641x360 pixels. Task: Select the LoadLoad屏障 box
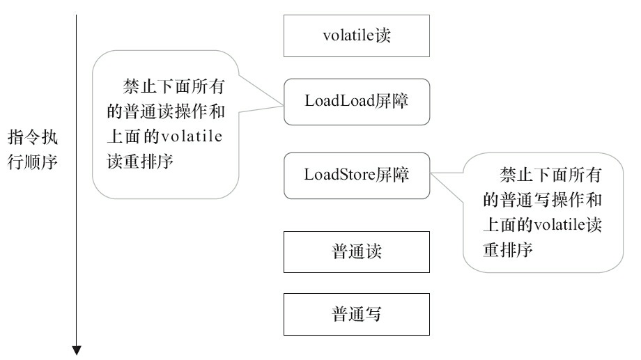357,102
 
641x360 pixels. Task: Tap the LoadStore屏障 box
357,174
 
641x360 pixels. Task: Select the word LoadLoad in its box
337,102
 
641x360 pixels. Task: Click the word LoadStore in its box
339,174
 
